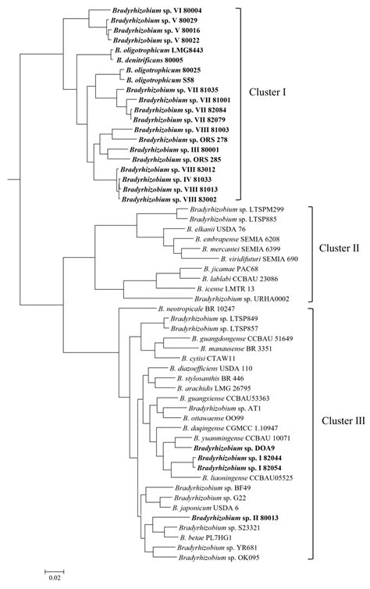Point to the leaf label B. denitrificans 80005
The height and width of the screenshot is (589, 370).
pos(149,59)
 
